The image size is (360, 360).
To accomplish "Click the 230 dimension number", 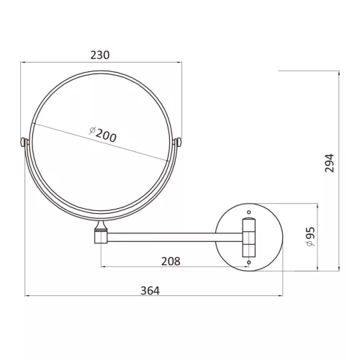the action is pos(100,55).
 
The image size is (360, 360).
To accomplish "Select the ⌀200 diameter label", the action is pos(103,135).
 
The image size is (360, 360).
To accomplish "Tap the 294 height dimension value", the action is pos(329,163).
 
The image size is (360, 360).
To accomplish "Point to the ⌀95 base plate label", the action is pos(310,237).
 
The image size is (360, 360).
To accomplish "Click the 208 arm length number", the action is pos(171,261).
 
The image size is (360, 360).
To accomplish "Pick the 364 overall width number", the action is pos(150,291).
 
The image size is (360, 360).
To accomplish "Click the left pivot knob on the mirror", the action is pos(23,142).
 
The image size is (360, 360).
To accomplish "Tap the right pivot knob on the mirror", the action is pos(179,142).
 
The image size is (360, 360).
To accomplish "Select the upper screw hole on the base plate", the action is pos(249,212).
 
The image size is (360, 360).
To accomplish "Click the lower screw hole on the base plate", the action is pos(249,262).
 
